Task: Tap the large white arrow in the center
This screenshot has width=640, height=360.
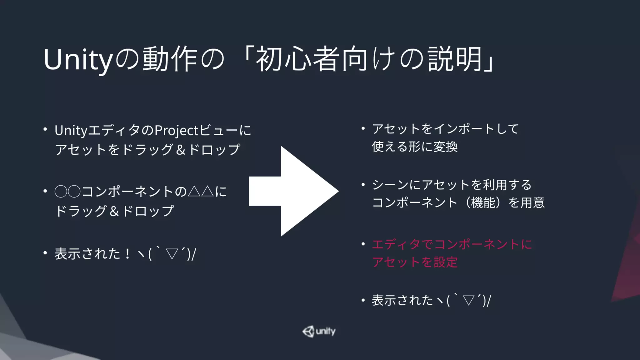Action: (x=294, y=191)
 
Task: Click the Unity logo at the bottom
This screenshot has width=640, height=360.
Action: (x=319, y=331)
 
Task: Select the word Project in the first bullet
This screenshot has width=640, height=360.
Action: (x=177, y=131)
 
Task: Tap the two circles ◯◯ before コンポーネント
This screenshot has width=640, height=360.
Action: (x=67, y=192)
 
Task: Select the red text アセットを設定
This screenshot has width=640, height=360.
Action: (x=415, y=262)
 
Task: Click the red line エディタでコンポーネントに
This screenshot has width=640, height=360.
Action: (x=452, y=244)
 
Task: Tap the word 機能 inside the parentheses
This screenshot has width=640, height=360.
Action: (x=483, y=203)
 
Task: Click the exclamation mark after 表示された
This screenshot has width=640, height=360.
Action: (x=127, y=253)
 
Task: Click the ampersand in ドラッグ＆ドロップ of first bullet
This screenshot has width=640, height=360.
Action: (x=181, y=150)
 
